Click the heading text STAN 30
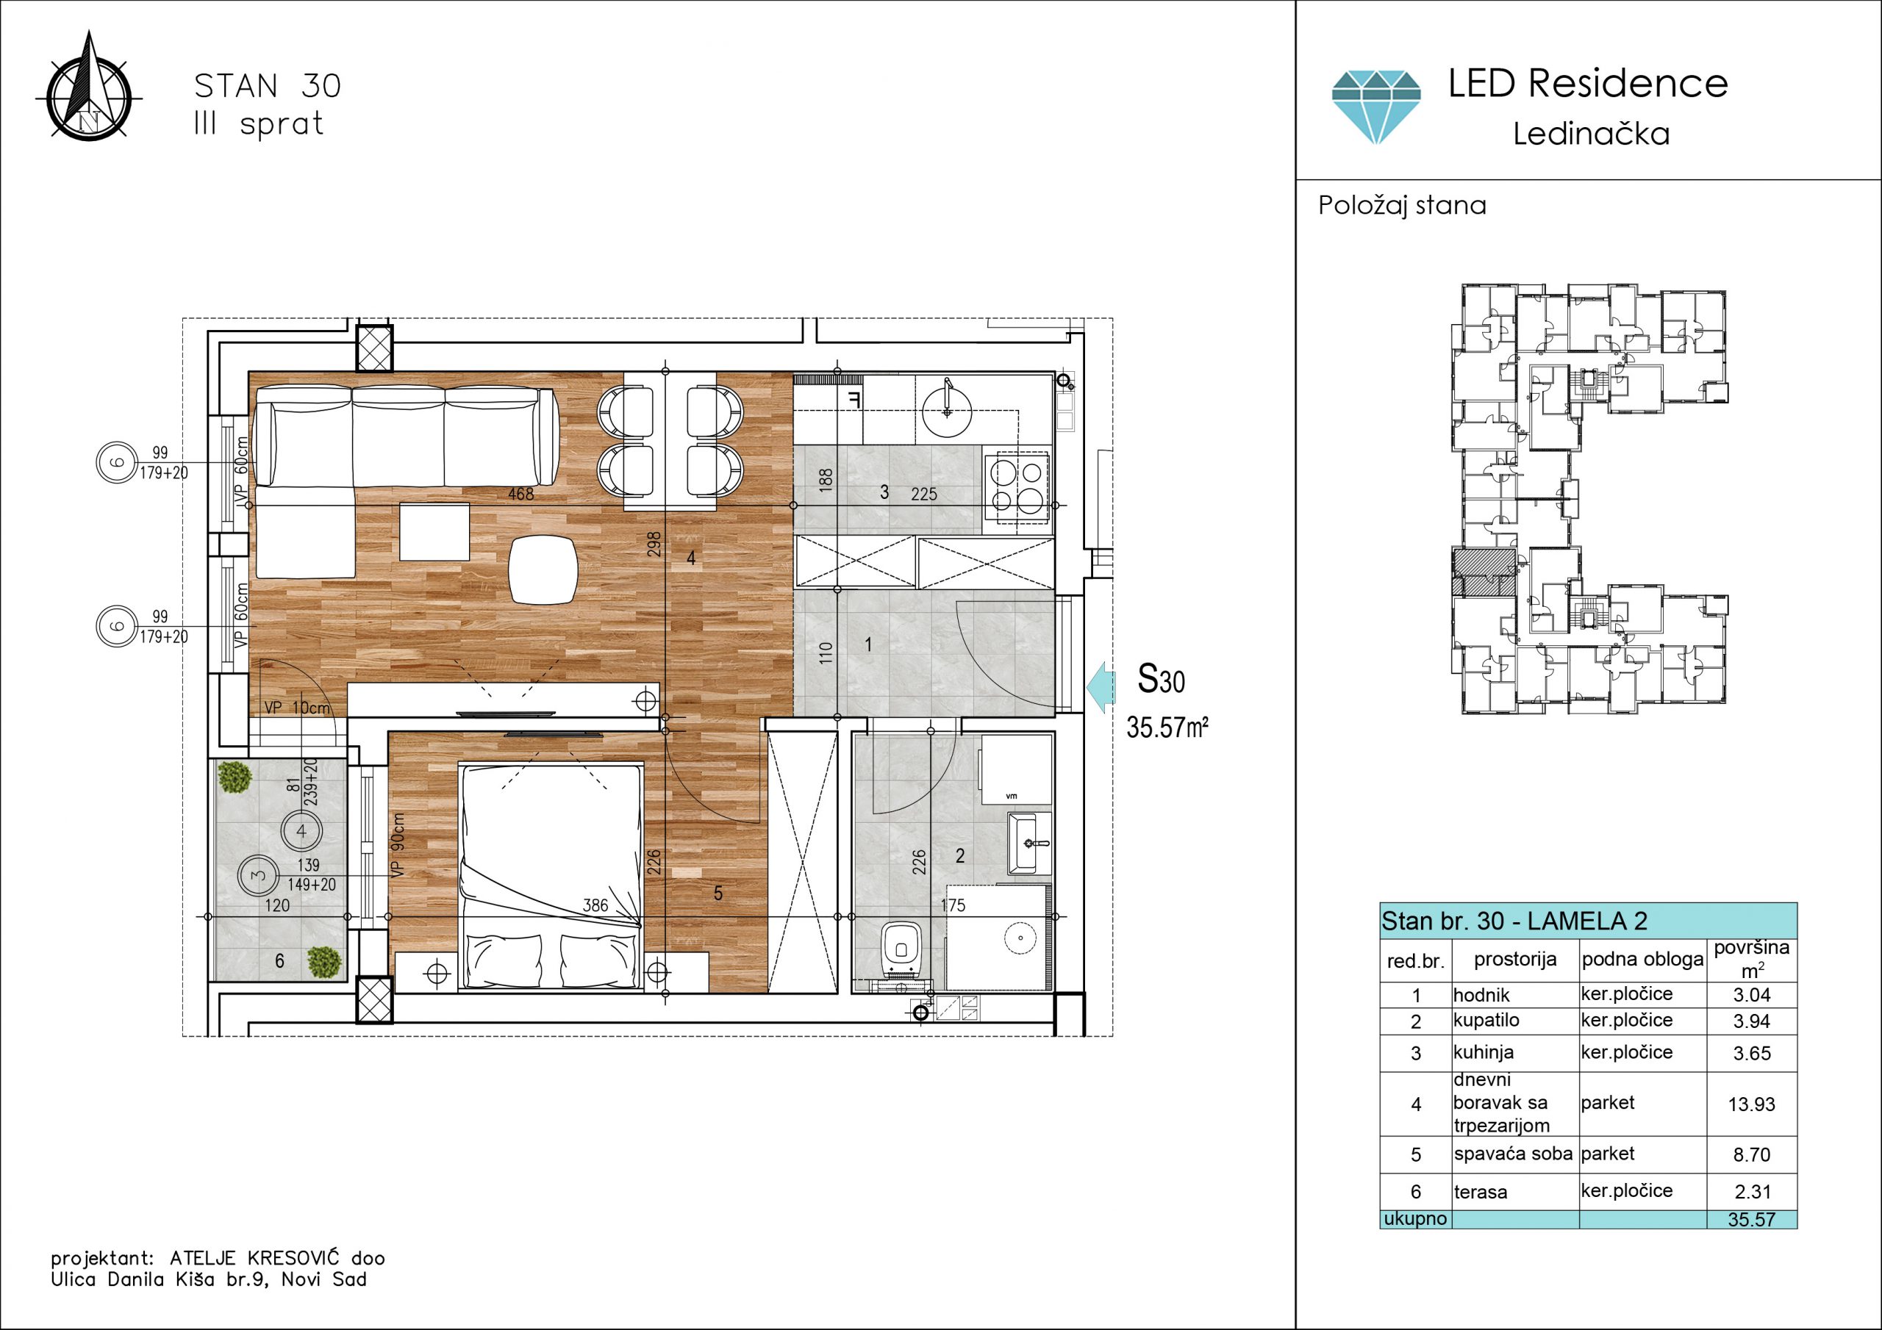click(x=267, y=86)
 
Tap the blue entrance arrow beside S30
click(x=1101, y=686)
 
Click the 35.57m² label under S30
click(x=1167, y=727)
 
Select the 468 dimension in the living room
click(x=520, y=494)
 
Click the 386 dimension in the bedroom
click(x=595, y=905)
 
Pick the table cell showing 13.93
click(x=1752, y=1104)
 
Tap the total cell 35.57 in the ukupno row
click(x=1752, y=1219)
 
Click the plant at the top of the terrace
click(x=235, y=777)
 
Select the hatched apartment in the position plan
click(x=1483, y=572)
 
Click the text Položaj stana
click(x=1402, y=205)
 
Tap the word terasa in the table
click(x=1481, y=1193)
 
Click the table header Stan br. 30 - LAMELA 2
click(x=1514, y=921)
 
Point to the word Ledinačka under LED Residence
click(x=1591, y=134)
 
